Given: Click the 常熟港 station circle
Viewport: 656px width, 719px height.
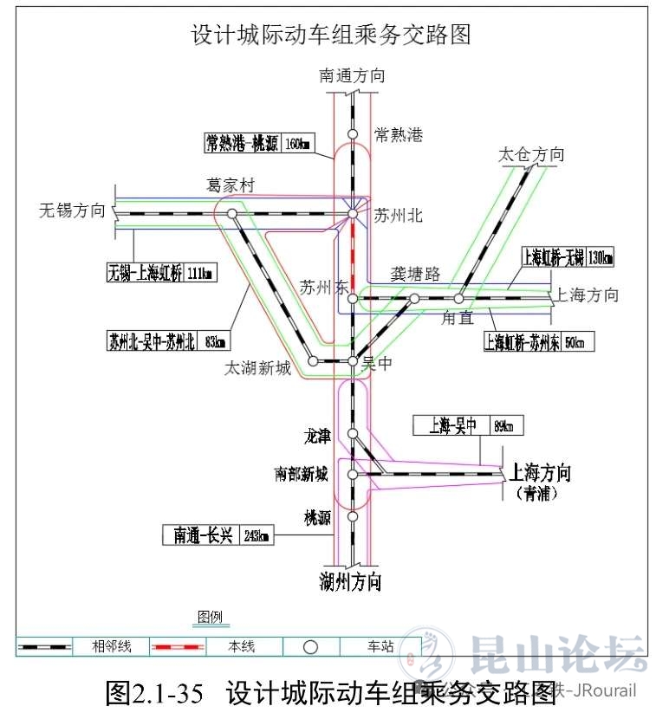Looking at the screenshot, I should (x=353, y=133).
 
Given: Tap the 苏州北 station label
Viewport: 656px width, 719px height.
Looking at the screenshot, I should (x=399, y=215).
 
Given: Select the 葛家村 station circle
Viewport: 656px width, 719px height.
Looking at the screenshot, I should (x=231, y=212).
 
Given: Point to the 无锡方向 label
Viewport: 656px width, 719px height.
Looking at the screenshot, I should (x=72, y=211).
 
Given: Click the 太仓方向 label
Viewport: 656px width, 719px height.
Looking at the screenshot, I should (x=531, y=155).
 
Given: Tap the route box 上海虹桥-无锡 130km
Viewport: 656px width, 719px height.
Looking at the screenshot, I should (x=567, y=257).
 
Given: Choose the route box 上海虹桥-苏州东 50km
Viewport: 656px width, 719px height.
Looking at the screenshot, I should (x=539, y=340).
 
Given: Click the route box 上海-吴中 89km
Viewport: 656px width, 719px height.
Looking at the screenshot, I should (x=466, y=425).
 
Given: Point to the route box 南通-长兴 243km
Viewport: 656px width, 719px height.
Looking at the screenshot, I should (x=217, y=535).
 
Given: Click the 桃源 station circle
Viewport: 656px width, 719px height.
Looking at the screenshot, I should (x=353, y=516).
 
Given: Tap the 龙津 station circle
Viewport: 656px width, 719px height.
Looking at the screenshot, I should (x=353, y=434).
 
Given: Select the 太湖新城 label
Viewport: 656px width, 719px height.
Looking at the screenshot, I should (x=257, y=368).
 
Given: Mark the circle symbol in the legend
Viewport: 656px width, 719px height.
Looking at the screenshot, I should (x=310, y=646).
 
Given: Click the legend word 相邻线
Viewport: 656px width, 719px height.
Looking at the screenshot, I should (x=112, y=646).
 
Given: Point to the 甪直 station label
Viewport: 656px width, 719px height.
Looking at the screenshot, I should (x=457, y=318).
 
